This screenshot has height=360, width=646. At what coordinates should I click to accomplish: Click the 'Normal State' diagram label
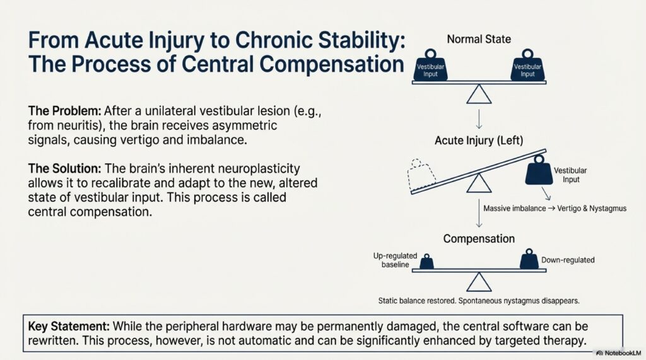[479, 39]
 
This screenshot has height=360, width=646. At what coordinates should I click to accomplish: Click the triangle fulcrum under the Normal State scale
[479, 95]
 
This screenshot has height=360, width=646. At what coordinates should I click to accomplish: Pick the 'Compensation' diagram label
[479, 239]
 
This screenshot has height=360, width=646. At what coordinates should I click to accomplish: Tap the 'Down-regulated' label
[568, 260]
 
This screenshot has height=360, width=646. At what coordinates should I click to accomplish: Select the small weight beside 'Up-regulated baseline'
[427, 261]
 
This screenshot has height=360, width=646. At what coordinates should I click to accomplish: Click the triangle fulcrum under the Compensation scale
[479, 281]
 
